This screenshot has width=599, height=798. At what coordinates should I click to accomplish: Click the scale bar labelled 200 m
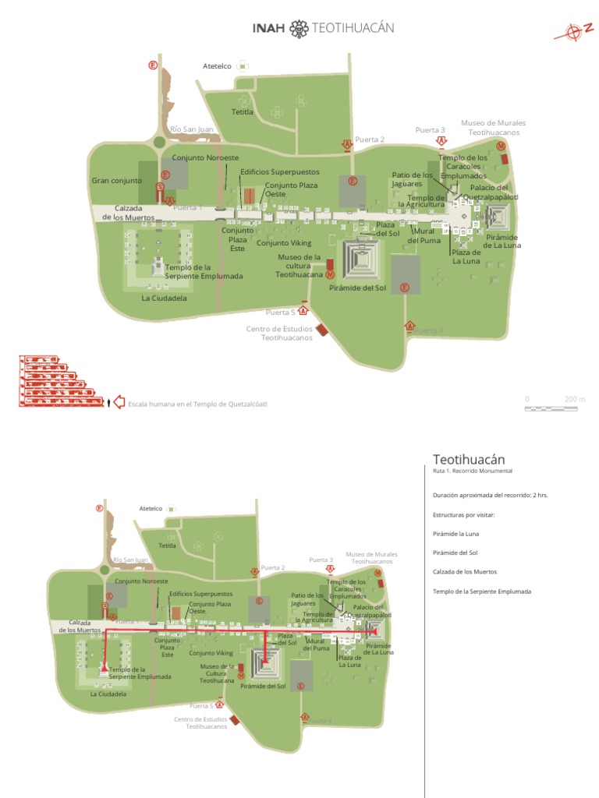pyautogui.click(x=555, y=406)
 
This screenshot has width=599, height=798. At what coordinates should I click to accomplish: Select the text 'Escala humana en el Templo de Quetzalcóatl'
pyautogui.click(x=197, y=404)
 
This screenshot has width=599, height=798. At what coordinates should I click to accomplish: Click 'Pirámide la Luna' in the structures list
pyautogui.click(x=456, y=533)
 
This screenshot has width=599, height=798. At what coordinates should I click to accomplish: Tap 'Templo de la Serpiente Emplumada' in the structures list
pyautogui.click(x=482, y=591)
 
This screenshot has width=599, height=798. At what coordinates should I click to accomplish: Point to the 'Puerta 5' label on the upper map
pyautogui.click(x=282, y=312)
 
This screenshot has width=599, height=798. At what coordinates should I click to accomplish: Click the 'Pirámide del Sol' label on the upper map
pyautogui.click(x=358, y=288)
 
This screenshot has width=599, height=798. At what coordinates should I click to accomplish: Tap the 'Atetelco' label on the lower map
pyautogui.click(x=150, y=508)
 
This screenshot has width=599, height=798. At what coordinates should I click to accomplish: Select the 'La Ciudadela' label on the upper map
pyautogui.click(x=165, y=298)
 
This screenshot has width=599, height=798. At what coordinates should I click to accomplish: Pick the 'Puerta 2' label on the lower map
pyautogui.click(x=273, y=568)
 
